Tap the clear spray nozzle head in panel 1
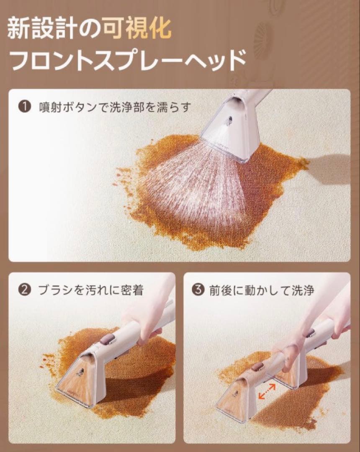pyautogui.click(x=230, y=130)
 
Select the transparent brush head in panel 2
pyautogui.click(x=79, y=377)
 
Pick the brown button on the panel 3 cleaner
pyautogui.click(x=256, y=365)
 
